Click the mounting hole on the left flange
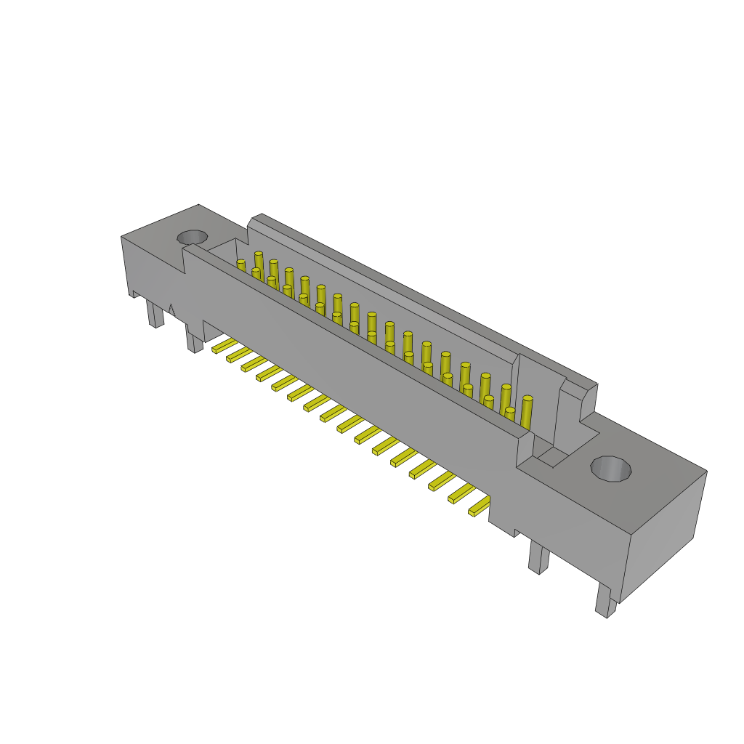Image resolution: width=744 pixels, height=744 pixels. [x=193, y=237]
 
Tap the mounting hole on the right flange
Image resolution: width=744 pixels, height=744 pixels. [x=611, y=469]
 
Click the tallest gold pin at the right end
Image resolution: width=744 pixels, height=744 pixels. [x=527, y=411]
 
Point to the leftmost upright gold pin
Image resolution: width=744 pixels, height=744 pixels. [x=240, y=265]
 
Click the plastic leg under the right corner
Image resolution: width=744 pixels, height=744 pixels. [x=605, y=600]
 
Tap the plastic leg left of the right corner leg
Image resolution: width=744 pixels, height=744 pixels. [x=538, y=557]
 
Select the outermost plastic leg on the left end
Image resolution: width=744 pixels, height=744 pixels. [x=155, y=314]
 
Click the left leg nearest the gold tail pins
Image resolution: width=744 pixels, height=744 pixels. [x=194, y=341]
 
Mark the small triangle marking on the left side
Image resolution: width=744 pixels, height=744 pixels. [x=171, y=310]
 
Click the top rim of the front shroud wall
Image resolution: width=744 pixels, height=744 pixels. [x=356, y=338]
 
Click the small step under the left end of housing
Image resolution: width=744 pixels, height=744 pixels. [x=135, y=294]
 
